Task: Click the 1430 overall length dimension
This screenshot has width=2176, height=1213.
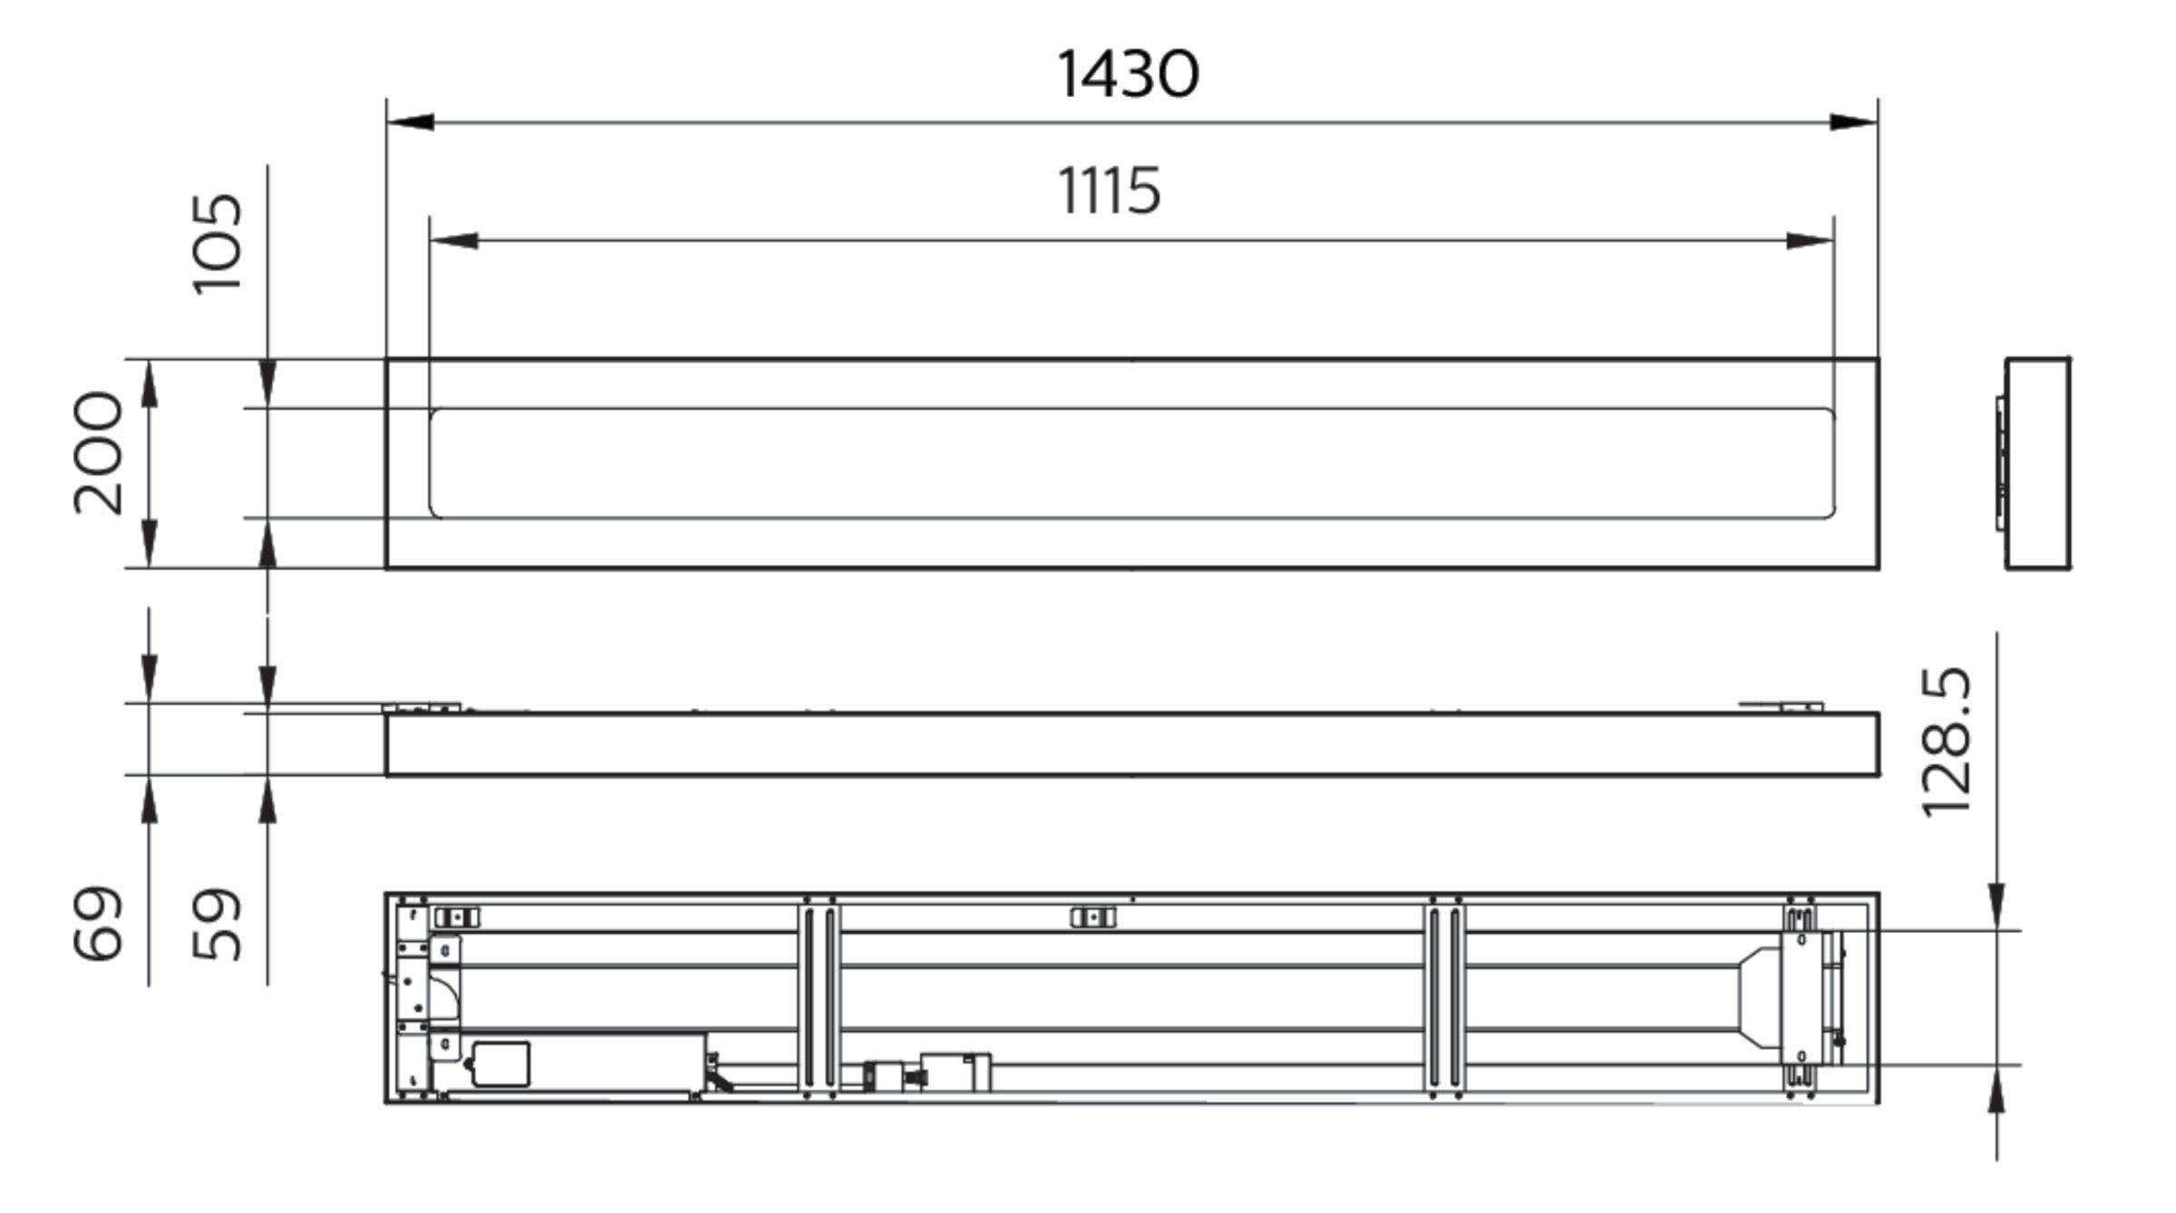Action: click(x=1128, y=74)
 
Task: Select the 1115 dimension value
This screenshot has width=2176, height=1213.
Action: click(x=1110, y=191)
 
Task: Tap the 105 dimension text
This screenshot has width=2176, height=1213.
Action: click(x=219, y=243)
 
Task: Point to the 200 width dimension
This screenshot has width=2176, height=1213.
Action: click(x=98, y=453)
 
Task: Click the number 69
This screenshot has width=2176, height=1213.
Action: click(x=97, y=923)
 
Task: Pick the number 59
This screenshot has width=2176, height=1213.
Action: click(x=219, y=923)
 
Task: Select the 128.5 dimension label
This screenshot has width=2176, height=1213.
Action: click(x=1947, y=742)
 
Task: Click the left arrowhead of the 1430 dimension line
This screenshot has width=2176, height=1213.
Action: click(x=410, y=122)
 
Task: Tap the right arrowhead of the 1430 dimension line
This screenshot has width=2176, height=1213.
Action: click(x=1854, y=122)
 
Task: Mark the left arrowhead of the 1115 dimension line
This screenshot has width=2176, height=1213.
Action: click(x=453, y=241)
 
